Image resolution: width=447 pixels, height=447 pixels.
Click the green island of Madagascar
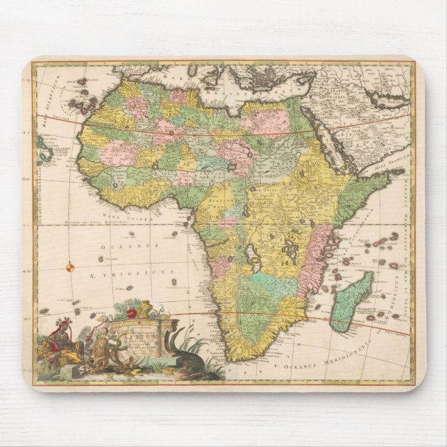[351, 301]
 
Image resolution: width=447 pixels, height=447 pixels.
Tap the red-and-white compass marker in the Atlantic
[69, 266]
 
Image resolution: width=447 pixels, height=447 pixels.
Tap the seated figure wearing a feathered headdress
[62, 341]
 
